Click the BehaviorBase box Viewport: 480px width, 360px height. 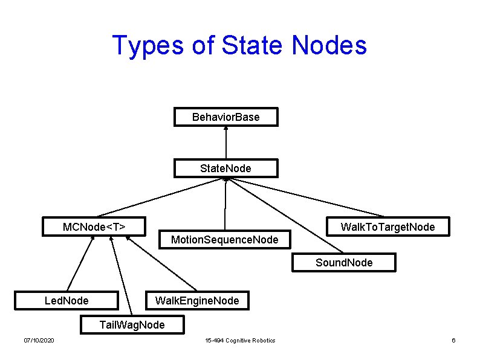[226, 117]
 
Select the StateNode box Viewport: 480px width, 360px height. [226, 169]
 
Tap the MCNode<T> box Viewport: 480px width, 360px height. [94, 227]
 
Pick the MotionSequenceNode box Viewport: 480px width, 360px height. [225, 239]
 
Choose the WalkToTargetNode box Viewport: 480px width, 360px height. [388, 227]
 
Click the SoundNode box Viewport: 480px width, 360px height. [344, 262]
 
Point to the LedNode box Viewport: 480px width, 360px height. [66, 301]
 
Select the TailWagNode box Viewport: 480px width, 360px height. [132, 324]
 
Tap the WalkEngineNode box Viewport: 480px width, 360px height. [198, 301]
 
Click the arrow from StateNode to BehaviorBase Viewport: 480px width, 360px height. [226, 143]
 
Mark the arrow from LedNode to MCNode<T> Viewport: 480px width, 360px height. [80, 263]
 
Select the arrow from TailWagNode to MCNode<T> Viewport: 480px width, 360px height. [122, 275]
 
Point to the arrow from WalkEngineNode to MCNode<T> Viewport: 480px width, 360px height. [161, 263]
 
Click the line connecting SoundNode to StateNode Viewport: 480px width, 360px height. [285, 215]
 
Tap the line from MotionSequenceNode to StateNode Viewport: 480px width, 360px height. [225, 204]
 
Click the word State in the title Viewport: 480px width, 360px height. [251, 45]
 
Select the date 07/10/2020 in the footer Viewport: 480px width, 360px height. [39, 341]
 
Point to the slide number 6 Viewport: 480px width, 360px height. [453, 341]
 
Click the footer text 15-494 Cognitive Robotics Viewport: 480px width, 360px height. [241, 341]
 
